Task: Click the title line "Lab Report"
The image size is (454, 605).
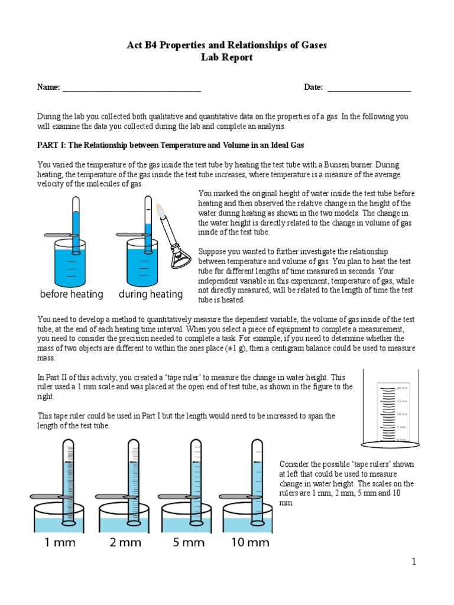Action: click(x=228, y=57)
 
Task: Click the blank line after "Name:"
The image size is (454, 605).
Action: click(x=131, y=89)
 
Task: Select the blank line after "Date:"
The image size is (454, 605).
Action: click(x=369, y=89)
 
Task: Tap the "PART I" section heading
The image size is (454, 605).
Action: click(x=170, y=145)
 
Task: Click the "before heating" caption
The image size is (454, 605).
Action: click(x=72, y=294)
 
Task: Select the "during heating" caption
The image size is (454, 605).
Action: click(x=151, y=294)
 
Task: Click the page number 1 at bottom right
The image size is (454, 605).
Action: click(x=414, y=562)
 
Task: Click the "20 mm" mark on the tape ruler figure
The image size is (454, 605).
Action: click(x=402, y=388)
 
